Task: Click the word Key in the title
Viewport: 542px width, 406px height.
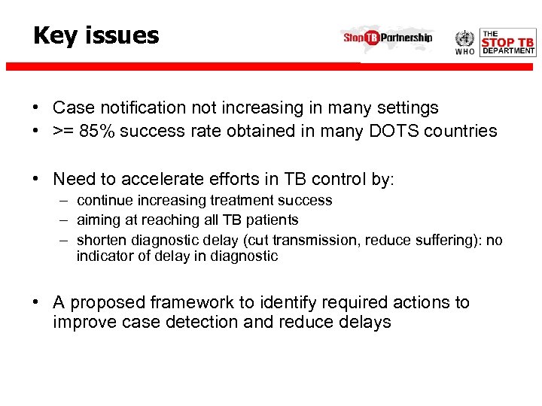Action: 56,35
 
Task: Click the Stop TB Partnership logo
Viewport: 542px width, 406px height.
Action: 388,38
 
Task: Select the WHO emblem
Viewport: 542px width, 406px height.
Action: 465,41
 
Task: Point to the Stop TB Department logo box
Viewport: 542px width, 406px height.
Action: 508,43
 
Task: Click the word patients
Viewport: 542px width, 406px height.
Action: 271,220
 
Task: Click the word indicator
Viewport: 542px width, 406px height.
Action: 102,256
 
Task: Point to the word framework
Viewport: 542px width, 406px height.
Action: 189,302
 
